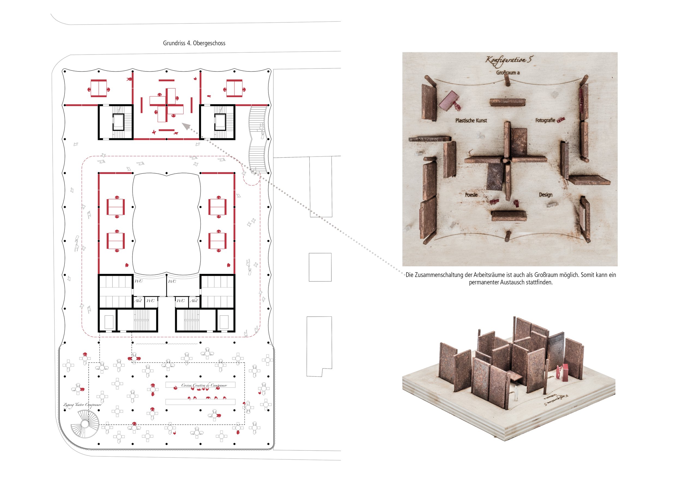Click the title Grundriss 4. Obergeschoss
pos(194,43)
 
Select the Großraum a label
pos(508,73)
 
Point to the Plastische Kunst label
pos(471,120)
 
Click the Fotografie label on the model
pos(545,120)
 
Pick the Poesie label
pos(471,195)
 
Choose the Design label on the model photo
pos(546,195)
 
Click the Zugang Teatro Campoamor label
pos(82,405)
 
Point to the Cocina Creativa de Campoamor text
pos(204,385)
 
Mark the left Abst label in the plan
pos(138,301)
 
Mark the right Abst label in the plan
pos(194,301)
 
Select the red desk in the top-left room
pos(98,88)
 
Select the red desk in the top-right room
pos(234,88)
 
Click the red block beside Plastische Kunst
pos(449,101)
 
